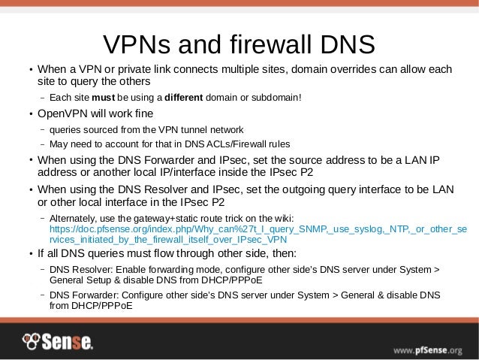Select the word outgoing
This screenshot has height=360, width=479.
point(302,190)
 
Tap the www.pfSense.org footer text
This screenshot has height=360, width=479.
point(429,349)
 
